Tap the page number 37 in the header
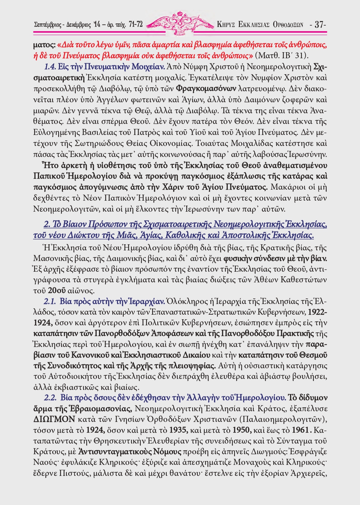click(x=319, y=25)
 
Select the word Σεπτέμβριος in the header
click(x=48, y=25)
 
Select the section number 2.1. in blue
click(x=50, y=302)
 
